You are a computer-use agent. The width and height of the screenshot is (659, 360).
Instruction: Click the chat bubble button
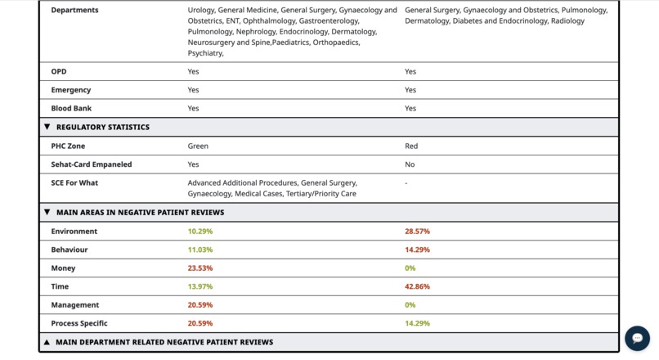[x=637, y=338]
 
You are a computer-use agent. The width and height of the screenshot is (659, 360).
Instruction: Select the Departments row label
[x=74, y=10]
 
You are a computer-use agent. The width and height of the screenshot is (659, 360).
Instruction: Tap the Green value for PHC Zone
[x=198, y=146]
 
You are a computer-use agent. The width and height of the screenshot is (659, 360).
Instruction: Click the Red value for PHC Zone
[x=411, y=146]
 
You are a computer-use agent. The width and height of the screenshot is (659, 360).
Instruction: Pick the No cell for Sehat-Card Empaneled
[x=410, y=164]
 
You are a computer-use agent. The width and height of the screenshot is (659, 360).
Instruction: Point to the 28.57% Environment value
[x=417, y=232]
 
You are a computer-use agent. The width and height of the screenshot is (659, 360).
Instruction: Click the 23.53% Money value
[x=200, y=268]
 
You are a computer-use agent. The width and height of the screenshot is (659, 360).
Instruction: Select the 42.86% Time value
[x=417, y=286]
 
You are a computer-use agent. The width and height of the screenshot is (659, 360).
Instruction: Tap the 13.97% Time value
[x=200, y=286]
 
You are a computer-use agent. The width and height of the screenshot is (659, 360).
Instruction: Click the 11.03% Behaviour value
[x=200, y=250]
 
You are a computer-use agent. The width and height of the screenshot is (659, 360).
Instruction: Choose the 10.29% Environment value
[x=200, y=232]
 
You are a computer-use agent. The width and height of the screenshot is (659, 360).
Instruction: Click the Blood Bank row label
[x=71, y=108]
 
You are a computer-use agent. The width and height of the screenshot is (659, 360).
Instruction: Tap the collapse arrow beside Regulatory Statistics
[x=47, y=127]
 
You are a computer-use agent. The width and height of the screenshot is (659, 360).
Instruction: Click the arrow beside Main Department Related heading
[x=47, y=342]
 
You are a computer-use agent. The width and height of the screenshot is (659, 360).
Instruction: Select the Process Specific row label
[x=79, y=323]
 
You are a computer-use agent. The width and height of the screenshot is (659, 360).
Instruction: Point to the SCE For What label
[x=74, y=183]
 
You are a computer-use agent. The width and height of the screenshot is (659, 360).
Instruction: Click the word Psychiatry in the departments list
[x=205, y=53]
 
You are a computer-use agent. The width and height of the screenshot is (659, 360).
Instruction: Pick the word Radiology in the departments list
[x=567, y=21]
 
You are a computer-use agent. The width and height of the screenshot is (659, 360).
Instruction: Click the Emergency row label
[x=71, y=90]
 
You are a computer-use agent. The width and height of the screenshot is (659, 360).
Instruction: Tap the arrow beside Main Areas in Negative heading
[x=47, y=212]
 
